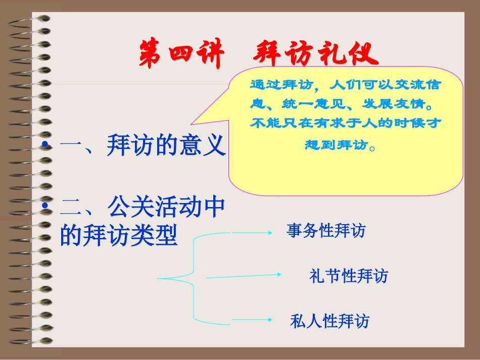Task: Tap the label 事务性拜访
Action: [325, 231]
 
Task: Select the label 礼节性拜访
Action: [349, 276]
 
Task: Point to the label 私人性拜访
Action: [329, 321]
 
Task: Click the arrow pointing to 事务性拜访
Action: [252, 232]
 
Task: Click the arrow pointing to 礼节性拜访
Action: [244, 276]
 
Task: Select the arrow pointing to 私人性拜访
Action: [252, 320]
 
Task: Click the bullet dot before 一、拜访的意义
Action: [46, 146]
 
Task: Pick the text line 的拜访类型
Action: [119, 235]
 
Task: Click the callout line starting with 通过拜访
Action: [346, 84]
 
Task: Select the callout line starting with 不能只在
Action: [346, 124]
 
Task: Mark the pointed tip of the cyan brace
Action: [158, 278]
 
